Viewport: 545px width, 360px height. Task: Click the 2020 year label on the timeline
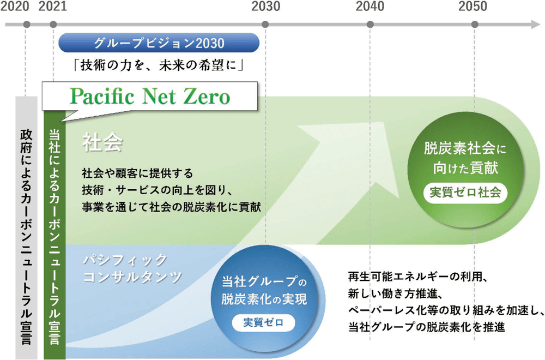(15, 6)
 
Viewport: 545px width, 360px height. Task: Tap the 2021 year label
(52, 6)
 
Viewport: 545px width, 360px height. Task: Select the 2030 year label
(265, 6)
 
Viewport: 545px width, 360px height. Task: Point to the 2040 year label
(370, 6)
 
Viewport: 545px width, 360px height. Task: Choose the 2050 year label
(473, 6)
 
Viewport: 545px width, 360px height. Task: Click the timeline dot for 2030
(265, 25)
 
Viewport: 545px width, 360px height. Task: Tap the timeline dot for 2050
(475, 25)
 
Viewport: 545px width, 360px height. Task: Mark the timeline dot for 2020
(27, 25)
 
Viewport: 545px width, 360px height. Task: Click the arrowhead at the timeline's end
(536, 25)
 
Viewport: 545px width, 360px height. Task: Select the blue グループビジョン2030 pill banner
(159, 43)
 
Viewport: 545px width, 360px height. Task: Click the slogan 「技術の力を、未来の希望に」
(159, 65)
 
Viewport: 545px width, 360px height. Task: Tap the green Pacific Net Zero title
(150, 97)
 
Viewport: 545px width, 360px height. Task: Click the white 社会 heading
(102, 142)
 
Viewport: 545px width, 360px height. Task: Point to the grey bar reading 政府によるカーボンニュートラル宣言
(26, 228)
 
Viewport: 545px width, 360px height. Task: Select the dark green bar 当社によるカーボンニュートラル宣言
(55, 235)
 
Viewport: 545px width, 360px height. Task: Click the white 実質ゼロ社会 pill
(465, 193)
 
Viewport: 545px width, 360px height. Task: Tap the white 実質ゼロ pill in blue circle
(263, 322)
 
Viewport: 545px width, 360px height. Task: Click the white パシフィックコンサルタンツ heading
(132, 268)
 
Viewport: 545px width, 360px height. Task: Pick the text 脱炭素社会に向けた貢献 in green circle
(465, 158)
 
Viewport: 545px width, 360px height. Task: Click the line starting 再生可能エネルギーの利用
(419, 277)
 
